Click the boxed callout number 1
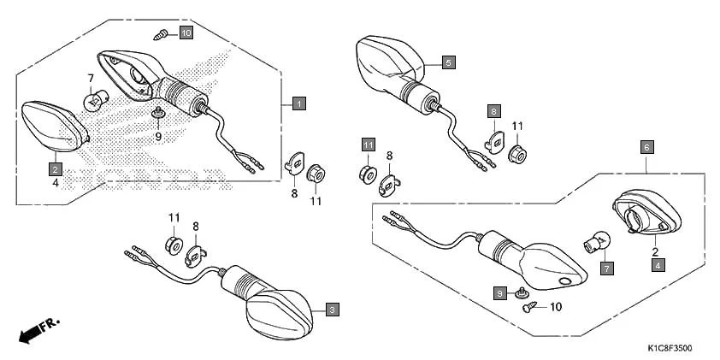point(298,104)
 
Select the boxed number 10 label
point(186,33)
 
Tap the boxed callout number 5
point(449,62)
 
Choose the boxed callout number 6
point(647,147)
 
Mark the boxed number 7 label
point(606,268)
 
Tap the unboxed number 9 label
point(158,136)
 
